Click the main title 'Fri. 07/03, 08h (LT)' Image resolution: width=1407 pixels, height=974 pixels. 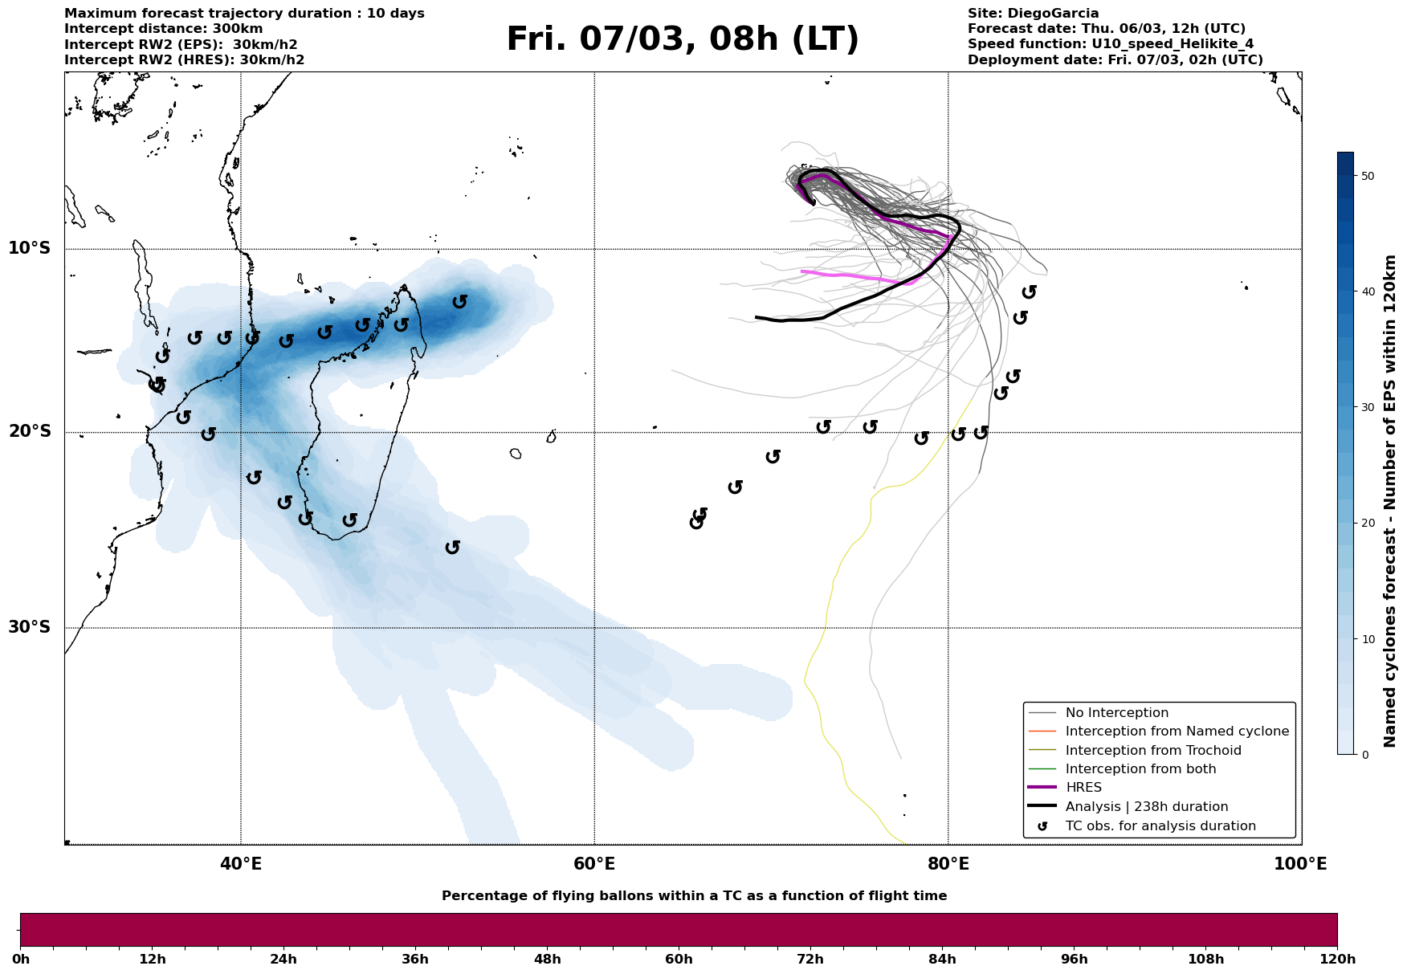[682, 40]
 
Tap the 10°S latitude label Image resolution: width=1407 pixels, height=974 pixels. [30, 248]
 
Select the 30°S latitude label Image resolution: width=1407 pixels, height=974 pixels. [30, 627]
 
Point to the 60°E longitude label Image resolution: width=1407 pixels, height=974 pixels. [594, 865]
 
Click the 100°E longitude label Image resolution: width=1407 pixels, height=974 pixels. [1301, 865]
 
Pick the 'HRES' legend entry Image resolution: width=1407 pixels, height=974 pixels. [1083, 788]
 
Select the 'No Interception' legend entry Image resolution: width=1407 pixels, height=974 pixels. [1116, 713]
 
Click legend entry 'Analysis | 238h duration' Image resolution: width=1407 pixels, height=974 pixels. [1146, 807]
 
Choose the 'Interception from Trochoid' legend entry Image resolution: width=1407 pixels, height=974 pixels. [1152, 751]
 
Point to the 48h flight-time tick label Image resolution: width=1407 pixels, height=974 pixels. [547, 960]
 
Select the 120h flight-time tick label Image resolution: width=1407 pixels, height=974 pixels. [1336, 960]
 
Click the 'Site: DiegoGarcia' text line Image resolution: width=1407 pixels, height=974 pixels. [1033, 14]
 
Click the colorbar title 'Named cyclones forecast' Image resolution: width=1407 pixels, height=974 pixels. [1391, 501]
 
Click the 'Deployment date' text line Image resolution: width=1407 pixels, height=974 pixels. [1115, 60]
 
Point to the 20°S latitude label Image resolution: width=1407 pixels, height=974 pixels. [30, 432]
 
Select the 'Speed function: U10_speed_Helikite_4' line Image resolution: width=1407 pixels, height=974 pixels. [1110, 44]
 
